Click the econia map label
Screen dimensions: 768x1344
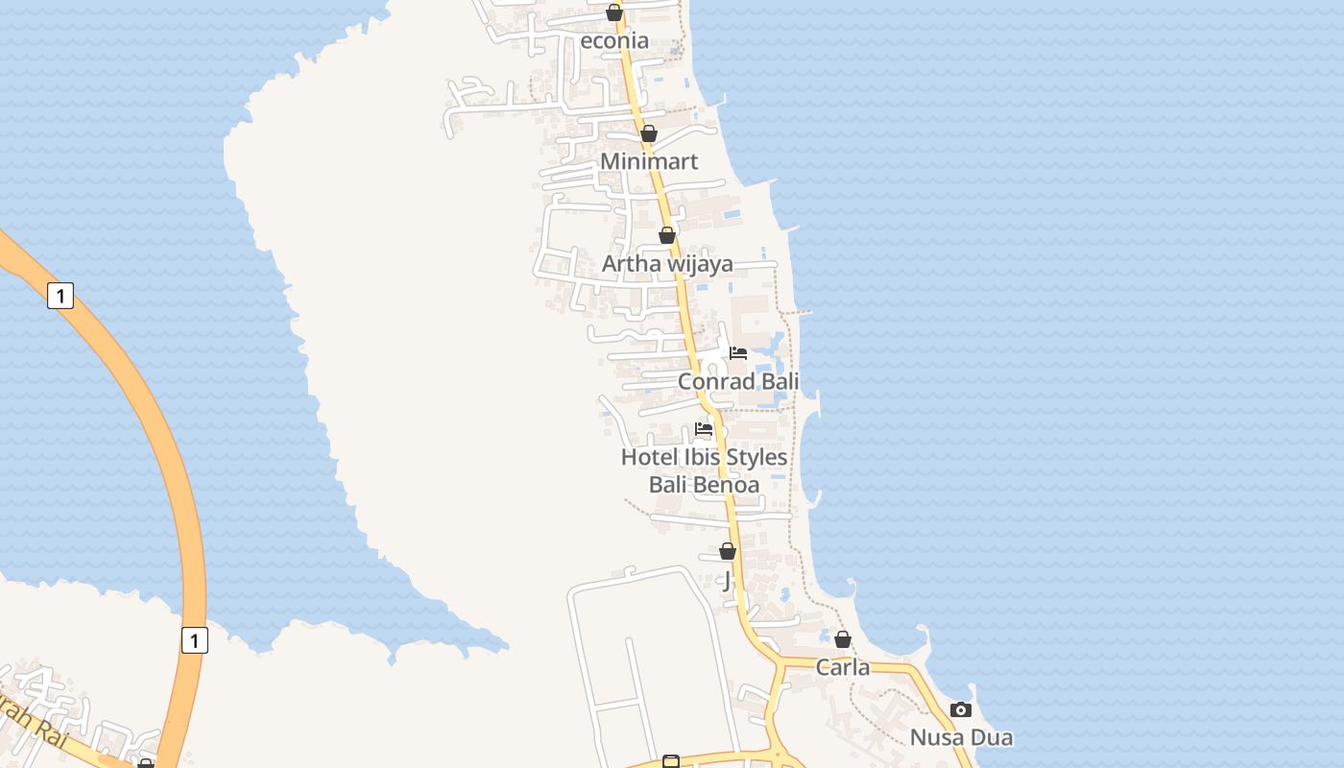(614, 40)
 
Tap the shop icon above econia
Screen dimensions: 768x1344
(614, 13)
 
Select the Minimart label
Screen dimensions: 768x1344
(649, 160)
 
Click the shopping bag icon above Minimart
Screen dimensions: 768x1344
(649, 133)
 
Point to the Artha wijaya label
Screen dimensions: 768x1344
(667, 263)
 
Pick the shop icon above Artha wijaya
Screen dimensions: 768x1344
(667, 235)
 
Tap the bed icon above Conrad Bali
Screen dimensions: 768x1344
(738, 353)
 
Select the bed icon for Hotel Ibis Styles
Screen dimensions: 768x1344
(704, 429)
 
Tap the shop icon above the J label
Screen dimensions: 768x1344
(728, 551)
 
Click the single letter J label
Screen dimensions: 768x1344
(728, 580)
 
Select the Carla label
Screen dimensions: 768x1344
(843, 667)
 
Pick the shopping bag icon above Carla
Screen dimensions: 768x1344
(843, 639)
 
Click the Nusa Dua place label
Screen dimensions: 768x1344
(961, 737)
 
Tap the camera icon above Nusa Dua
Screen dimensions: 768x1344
(961, 710)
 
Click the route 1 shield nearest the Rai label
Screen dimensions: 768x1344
(194, 639)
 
